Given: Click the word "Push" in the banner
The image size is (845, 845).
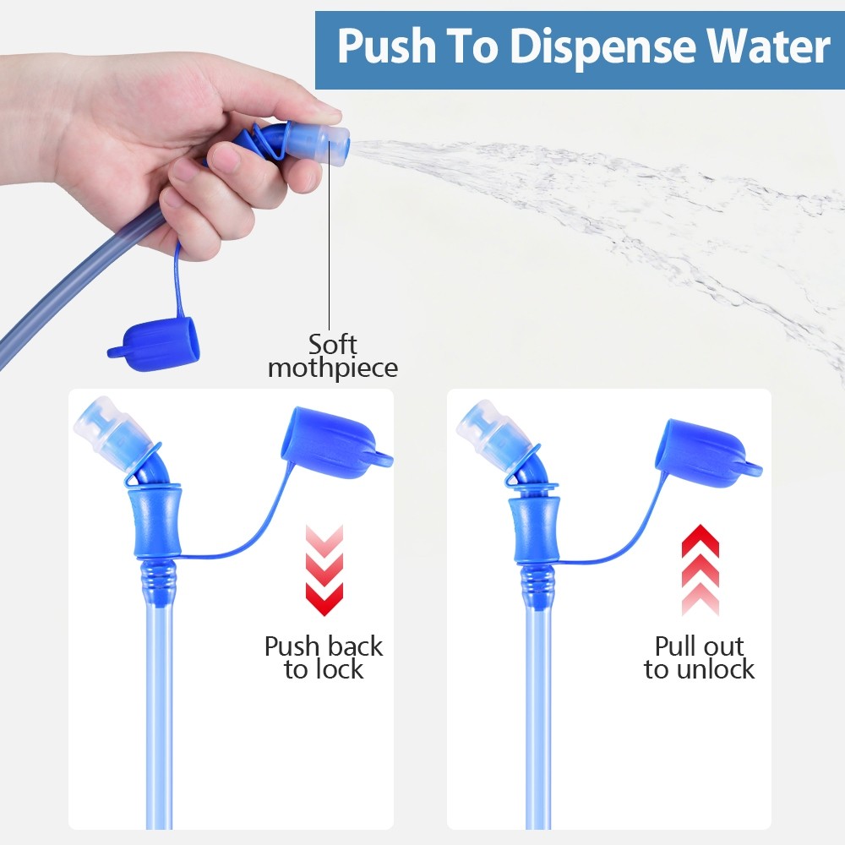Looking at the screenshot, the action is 386,46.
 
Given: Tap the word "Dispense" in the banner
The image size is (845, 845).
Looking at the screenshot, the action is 603,47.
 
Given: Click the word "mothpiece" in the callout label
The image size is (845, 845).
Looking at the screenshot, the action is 333,368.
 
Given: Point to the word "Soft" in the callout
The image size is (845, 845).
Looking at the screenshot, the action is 332,345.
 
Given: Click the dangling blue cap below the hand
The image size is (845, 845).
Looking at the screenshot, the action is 155,345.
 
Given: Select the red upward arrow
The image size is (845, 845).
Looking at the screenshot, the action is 700,570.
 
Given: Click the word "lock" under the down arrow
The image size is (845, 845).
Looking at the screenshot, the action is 340,670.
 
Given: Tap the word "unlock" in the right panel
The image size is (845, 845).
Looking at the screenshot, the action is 715,670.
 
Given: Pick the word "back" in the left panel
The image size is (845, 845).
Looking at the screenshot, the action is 355,646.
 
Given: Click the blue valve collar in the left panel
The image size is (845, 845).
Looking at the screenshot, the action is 156,522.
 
